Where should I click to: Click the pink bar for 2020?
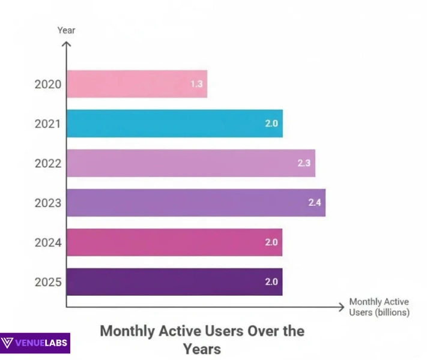point(137,84)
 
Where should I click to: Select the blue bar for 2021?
point(174,124)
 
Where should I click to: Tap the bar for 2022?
point(190,163)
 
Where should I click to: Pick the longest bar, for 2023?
point(196,203)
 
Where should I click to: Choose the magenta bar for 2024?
point(174,242)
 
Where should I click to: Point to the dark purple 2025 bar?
point(174,282)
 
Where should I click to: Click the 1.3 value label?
point(196,84)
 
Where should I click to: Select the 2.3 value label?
point(304,163)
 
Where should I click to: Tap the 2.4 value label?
point(315,203)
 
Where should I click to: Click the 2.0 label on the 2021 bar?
point(271,124)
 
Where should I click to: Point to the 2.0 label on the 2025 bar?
point(271,282)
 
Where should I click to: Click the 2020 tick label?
point(48,84)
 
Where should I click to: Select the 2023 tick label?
point(48,203)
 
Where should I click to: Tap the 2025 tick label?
point(48,282)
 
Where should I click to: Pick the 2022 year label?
point(48,163)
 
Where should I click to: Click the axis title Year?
point(66,29)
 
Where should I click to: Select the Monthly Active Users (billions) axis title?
point(379,307)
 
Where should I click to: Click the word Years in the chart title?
point(202,349)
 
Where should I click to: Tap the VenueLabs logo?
point(35,343)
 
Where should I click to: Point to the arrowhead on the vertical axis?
point(67,43)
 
